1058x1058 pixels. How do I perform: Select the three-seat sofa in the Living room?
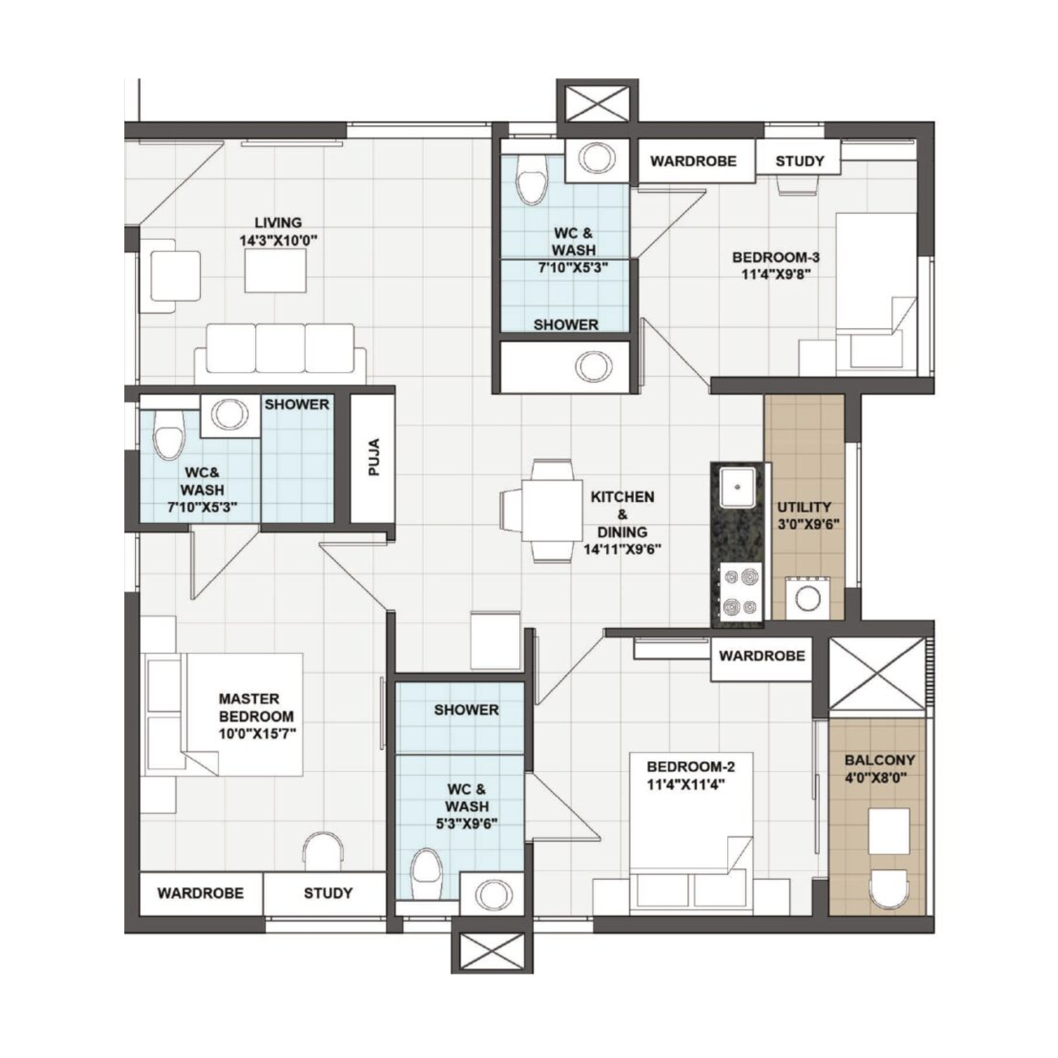(280, 353)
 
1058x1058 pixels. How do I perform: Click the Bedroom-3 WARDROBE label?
(693, 161)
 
